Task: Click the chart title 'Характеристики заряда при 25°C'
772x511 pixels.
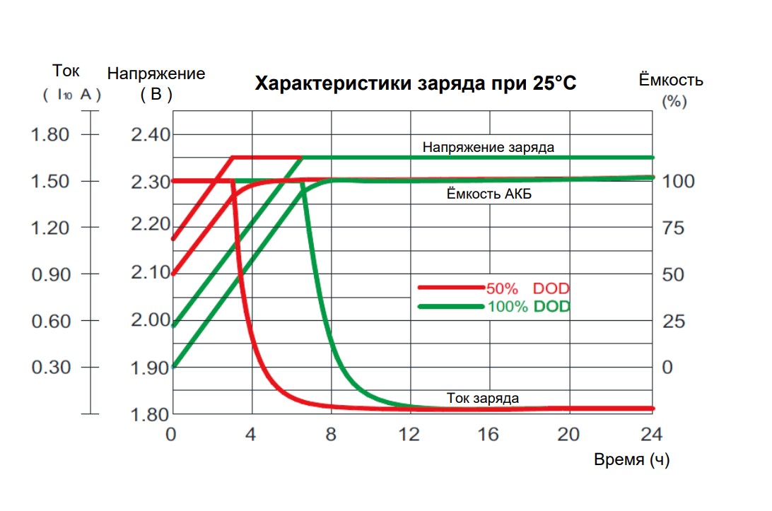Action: coord(416,84)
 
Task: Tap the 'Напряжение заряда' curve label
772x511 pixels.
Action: coord(488,148)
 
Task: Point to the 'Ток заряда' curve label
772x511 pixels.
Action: coord(483,398)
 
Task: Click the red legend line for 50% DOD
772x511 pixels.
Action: coord(450,288)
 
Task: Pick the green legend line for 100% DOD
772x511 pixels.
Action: coord(450,307)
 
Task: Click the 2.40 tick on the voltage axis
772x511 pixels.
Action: coord(151,134)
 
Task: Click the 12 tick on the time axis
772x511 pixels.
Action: coord(410,434)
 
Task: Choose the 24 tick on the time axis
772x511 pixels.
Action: coord(651,434)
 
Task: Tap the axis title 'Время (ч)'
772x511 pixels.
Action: coord(631,460)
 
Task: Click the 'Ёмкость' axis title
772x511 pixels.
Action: coord(671,80)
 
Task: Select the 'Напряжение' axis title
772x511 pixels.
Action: coord(156,74)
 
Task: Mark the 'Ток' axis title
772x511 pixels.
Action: coord(66,71)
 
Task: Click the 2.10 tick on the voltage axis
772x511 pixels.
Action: coord(151,274)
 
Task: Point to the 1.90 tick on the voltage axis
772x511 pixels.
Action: coord(151,368)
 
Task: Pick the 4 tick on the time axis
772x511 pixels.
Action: coord(250,434)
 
